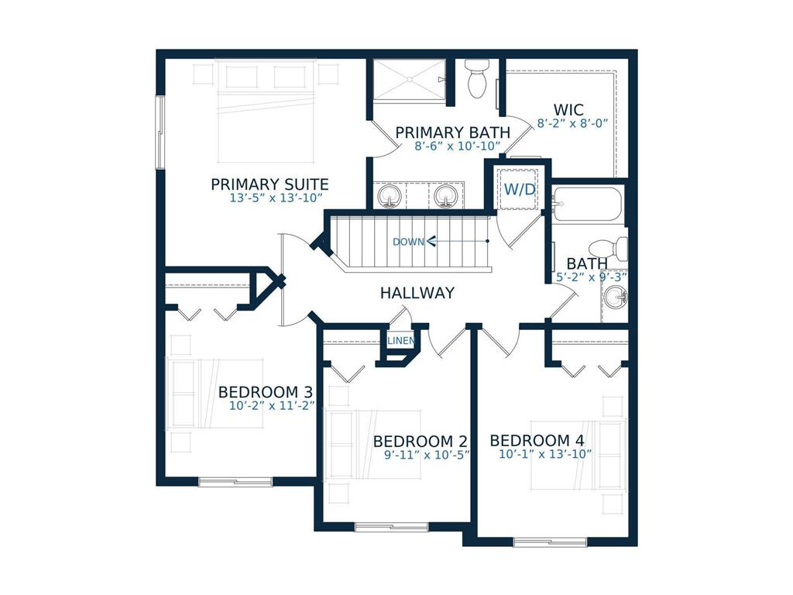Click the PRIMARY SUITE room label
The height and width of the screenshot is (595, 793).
click(269, 184)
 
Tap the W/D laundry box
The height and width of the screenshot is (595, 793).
click(520, 190)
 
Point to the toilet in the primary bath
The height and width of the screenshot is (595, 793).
click(476, 79)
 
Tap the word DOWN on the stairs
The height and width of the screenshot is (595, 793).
click(408, 242)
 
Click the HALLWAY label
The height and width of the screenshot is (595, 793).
click(417, 293)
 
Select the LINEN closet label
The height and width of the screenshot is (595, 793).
click(400, 341)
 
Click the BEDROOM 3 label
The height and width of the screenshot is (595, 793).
click(265, 391)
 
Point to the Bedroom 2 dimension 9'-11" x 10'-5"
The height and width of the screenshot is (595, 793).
click(427, 455)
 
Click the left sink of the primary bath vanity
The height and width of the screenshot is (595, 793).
click(388, 197)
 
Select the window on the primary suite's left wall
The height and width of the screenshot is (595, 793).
click(160, 132)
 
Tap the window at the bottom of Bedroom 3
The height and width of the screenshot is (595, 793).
click(235, 482)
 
